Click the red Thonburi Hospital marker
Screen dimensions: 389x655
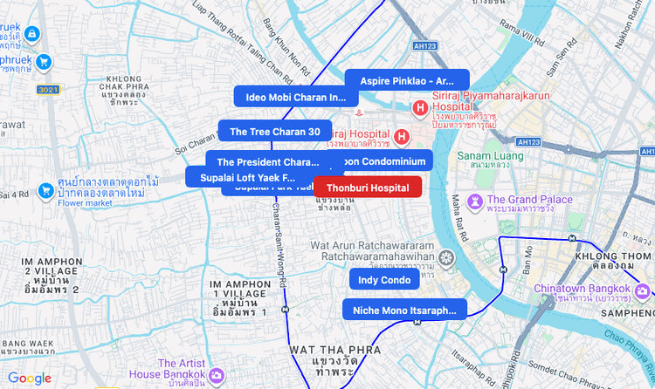point(368,187)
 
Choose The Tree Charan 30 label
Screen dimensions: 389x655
point(275,132)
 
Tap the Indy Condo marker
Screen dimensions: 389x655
point(384,280)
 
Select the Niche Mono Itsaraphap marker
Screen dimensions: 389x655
point(404,310)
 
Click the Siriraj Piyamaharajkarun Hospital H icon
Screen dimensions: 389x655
point(420,109)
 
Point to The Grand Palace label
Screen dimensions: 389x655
point(529,200)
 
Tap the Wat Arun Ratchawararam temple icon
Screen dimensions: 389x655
point(447,258)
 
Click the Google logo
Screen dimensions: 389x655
point(30,378)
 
